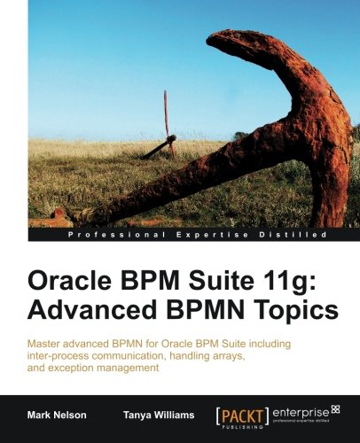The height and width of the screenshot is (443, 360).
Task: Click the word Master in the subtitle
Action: point(47,342)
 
